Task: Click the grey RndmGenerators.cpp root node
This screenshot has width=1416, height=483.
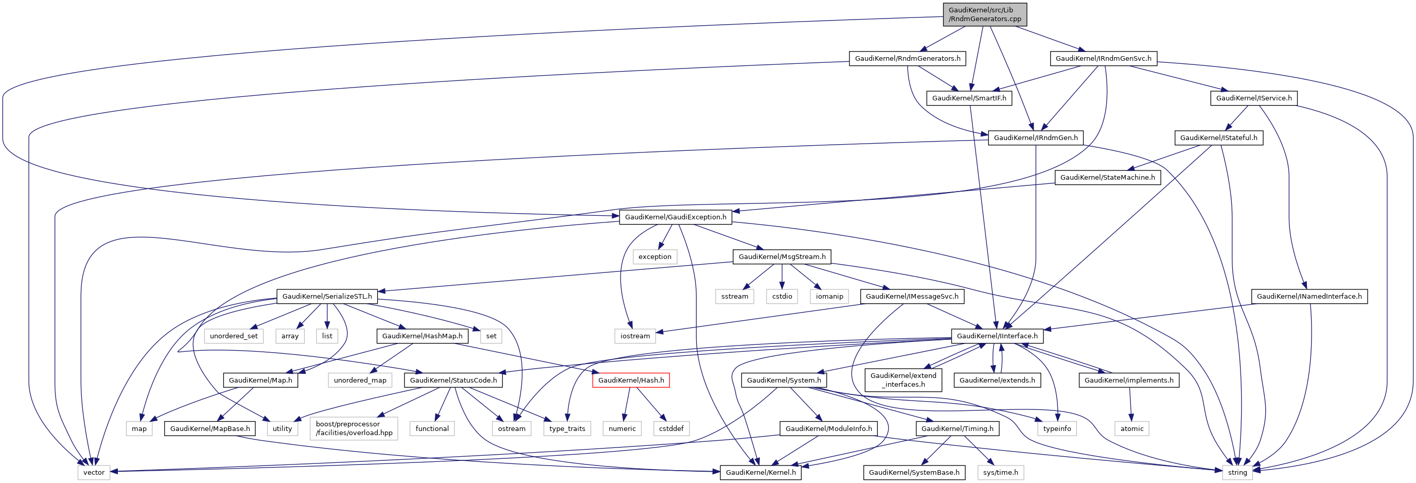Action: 984,14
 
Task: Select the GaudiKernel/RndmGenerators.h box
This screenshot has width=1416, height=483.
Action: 907,58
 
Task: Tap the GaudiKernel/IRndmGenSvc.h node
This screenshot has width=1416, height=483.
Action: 1103,58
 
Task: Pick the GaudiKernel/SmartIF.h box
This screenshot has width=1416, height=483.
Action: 969,98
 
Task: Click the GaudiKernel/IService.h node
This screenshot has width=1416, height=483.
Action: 1253,98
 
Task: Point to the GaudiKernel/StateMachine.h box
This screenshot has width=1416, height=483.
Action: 1107,177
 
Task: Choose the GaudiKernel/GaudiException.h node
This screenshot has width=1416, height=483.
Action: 675,217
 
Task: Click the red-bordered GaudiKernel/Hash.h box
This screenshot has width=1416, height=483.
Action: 630,380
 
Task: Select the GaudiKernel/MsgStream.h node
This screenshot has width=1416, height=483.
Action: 782,256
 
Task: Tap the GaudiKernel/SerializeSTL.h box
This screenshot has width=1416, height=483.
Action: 327,296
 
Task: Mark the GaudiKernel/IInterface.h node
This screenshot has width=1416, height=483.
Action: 997,336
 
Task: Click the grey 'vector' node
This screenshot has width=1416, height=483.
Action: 94,472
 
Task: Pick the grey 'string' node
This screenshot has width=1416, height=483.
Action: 1237,472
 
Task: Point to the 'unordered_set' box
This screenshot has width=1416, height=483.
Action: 234,336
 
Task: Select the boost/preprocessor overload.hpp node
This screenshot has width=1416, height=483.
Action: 354,428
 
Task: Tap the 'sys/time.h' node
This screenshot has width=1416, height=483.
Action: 1000,472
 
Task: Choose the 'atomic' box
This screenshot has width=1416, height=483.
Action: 1131,428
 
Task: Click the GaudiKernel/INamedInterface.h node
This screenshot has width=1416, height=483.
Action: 1309,296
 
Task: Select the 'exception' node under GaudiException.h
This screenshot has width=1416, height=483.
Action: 654,256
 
